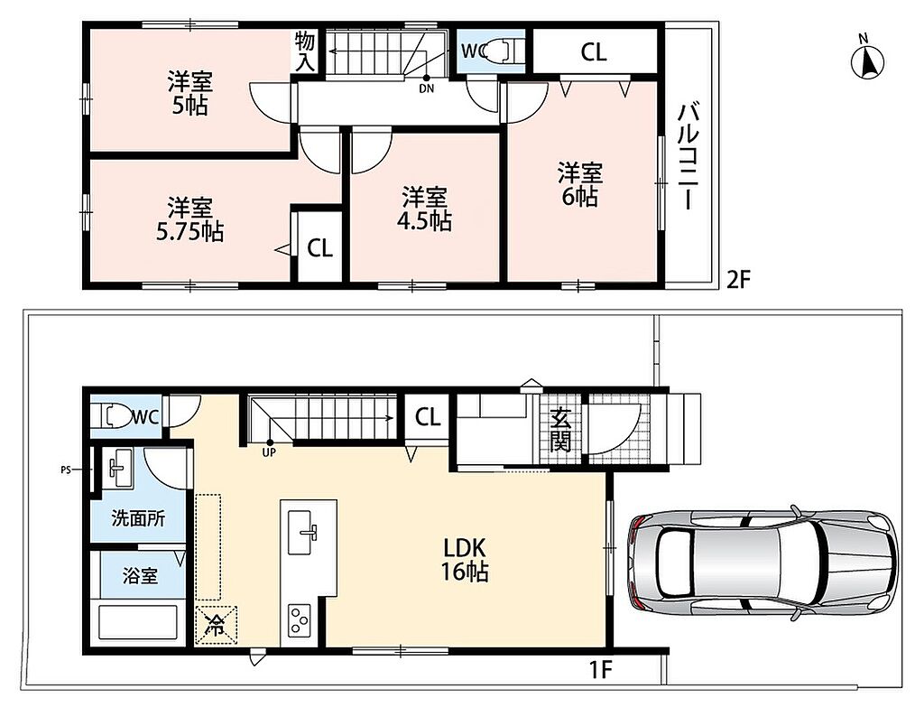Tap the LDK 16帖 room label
465,560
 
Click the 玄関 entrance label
560,430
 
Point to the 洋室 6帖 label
580,184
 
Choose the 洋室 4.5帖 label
424,209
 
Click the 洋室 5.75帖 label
189,220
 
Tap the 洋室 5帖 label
189,93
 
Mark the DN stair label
427,89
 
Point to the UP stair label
269,453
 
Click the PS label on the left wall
65,470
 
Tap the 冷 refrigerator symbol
216,626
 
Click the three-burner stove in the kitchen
300,620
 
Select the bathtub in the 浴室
138,622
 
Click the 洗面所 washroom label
138,518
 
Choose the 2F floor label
738,280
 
